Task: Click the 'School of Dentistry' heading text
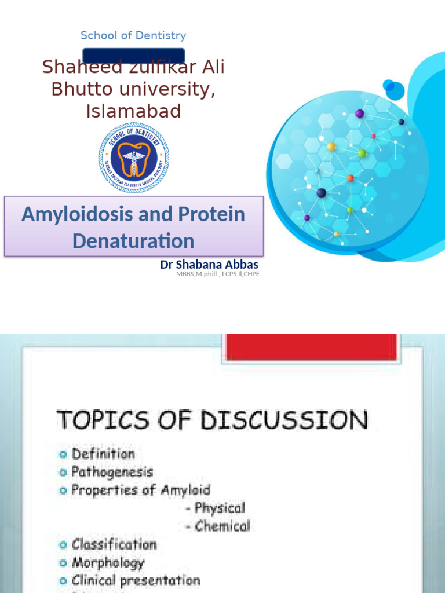133,36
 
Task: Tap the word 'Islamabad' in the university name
133,111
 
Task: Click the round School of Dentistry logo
134,158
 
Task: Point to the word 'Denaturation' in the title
133,241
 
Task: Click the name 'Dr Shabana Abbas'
209,265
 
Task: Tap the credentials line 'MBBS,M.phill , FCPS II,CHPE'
218,274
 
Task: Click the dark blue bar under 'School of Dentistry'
133,56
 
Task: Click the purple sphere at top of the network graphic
360,114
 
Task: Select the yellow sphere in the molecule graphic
331,147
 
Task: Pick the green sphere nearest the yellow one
362,153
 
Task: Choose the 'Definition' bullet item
103,454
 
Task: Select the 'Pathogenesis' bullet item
112,472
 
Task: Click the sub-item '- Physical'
216,508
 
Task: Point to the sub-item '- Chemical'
218,526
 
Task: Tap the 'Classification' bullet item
114,545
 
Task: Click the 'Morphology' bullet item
108,563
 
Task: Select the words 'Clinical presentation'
136,581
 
